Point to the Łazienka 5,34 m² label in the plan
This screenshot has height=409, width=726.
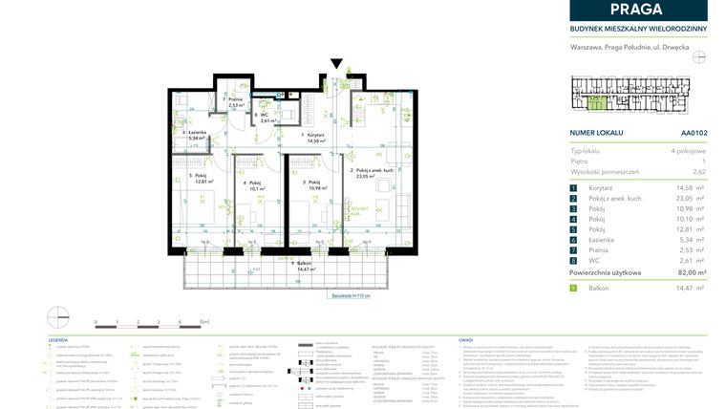point(196,135)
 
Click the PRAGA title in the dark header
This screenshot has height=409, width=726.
point(638,10)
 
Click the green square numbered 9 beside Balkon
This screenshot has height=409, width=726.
point(573,288)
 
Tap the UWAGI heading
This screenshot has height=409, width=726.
point(465,339)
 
